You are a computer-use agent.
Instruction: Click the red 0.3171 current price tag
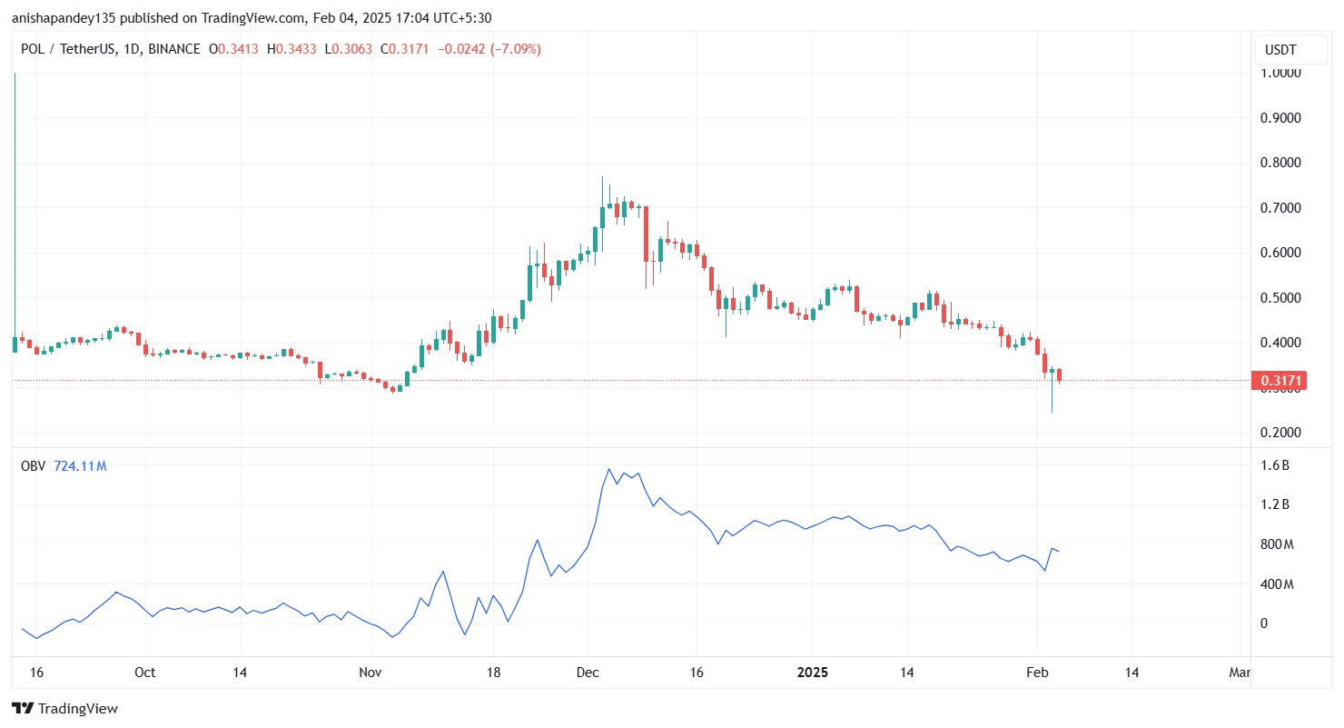coord(1279,380)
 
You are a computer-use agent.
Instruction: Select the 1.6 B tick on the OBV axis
coord(1274,465)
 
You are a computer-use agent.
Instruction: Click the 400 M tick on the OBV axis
coord(1274,583)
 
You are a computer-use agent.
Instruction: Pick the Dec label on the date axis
coord(588,673)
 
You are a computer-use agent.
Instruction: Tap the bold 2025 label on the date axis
coord(813,673)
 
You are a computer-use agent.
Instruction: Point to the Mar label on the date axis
coord(1240,673)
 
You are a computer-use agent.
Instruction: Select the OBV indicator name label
coord(33,466)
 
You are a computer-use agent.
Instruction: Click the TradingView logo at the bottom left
coord(64,708)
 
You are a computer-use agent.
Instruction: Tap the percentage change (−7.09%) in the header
coord(515,49)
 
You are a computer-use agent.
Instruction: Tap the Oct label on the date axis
coord(144,673)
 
